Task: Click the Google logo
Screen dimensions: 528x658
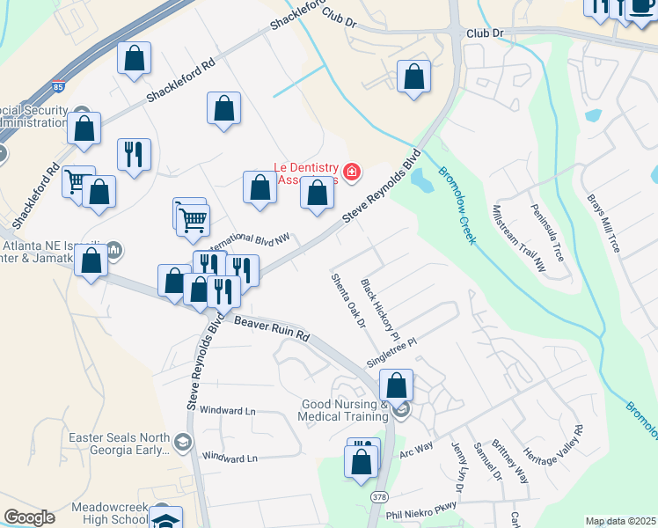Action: (29, 518)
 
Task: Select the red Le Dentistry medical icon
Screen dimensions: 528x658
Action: (352, 171)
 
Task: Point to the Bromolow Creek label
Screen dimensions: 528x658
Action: (457, 205)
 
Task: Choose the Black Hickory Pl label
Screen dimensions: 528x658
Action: (380, 311)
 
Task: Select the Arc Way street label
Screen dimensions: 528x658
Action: (416, 451)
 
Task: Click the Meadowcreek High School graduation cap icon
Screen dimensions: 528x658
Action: (165, 520)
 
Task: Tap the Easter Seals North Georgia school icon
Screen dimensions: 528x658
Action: (182, 442)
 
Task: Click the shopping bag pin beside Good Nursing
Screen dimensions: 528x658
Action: (397, 385)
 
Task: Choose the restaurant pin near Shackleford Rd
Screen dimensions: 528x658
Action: (134, 154)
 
